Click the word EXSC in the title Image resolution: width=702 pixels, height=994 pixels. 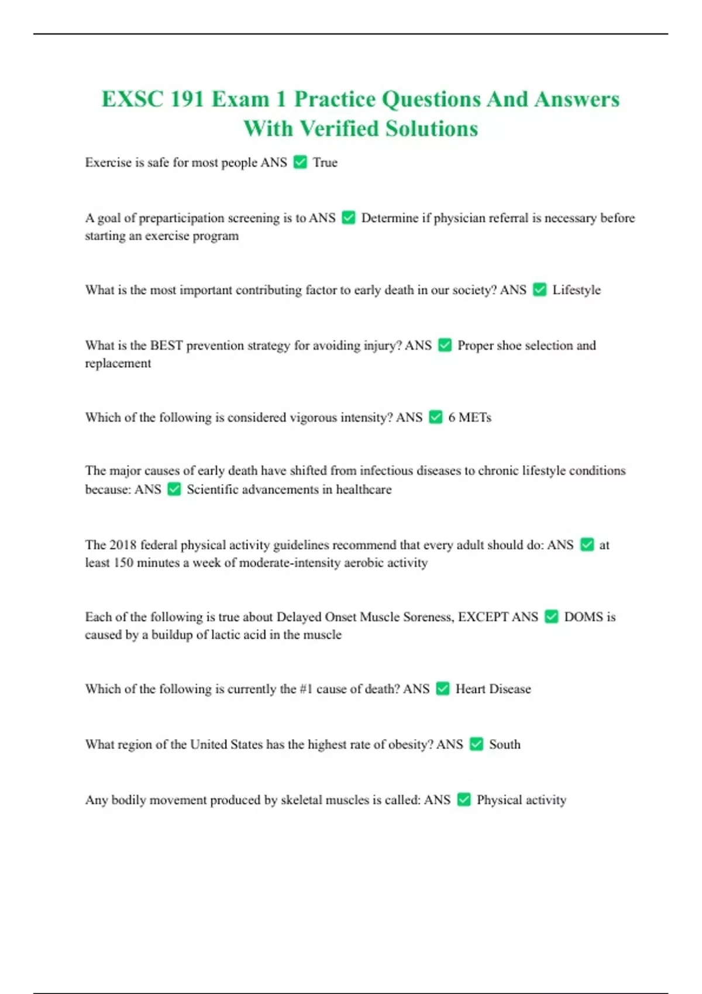tap(132, 99)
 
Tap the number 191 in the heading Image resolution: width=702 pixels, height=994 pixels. tap(187, 99)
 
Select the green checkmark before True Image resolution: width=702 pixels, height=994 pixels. tap(300, 162)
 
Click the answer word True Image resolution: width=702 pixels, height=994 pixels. tap(325, 163)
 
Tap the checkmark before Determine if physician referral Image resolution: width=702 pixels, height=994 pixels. tap(349, 218)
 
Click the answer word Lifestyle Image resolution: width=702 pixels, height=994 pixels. tap(576, 290)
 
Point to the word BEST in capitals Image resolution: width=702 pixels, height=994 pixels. tap(166, 346)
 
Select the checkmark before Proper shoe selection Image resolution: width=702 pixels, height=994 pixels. tap(445, 345)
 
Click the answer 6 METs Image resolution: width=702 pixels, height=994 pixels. tap(469, 417)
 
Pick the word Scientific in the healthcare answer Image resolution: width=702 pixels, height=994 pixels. tap(212, 489)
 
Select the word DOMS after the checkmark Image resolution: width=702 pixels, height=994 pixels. tap(583, 617)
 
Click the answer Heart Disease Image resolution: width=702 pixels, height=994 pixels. tap(493, 689)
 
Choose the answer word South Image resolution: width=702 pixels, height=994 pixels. tap(504, 744)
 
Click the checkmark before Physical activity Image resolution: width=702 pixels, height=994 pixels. tap(464, 799)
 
